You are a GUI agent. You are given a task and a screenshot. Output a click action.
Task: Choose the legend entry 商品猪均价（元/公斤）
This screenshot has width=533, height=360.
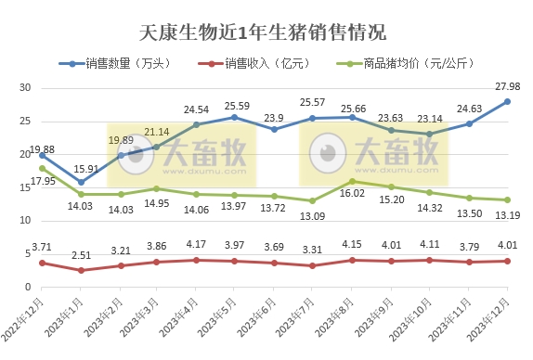click(409, 64)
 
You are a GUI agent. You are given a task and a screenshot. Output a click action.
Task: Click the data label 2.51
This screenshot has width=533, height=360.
click(81, 256)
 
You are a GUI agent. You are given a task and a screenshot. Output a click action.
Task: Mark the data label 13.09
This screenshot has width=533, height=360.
click(312, 217)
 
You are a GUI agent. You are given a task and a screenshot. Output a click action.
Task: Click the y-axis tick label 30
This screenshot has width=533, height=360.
click(26, 88)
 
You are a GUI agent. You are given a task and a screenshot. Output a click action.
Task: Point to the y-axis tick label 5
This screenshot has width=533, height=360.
click(29, 254)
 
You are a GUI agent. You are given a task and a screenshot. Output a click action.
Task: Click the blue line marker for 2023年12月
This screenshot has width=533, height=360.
click(508, 101)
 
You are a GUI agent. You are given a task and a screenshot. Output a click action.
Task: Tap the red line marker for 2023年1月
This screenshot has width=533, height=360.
click(81, 270)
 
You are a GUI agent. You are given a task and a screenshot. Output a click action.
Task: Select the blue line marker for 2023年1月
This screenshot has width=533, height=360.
click(81, 182)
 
